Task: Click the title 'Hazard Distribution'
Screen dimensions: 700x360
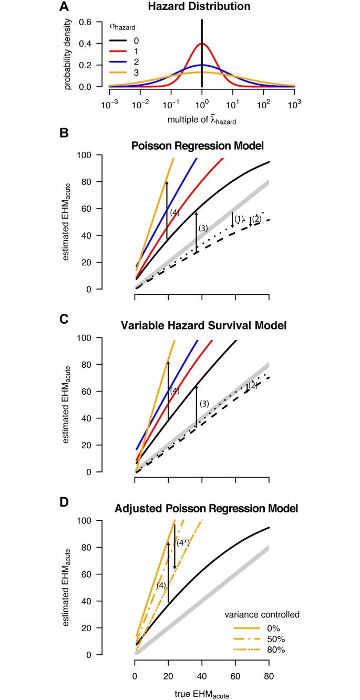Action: (202, 7)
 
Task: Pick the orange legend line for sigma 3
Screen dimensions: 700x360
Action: (119, 73)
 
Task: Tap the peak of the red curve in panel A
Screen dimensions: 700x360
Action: (202, 44)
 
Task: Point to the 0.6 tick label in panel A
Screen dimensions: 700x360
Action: (85, 22)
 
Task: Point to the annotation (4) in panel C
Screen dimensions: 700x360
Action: (174, 390)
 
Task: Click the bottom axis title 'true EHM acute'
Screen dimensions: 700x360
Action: (202, 693)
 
